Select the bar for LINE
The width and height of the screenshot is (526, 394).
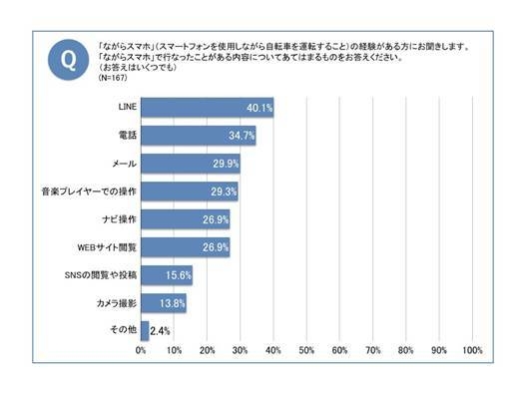coord(207,108)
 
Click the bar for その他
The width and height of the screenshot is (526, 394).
coord(145,328)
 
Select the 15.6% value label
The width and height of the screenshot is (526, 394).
coord(178,273)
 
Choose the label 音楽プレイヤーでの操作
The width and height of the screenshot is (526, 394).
coord(96,190)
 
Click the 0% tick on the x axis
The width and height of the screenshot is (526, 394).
coord(141,351)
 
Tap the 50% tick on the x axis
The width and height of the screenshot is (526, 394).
coord(306,351)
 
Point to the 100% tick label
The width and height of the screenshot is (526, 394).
coord(472,351)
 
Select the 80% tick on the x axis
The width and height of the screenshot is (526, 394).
coord(406,351)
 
